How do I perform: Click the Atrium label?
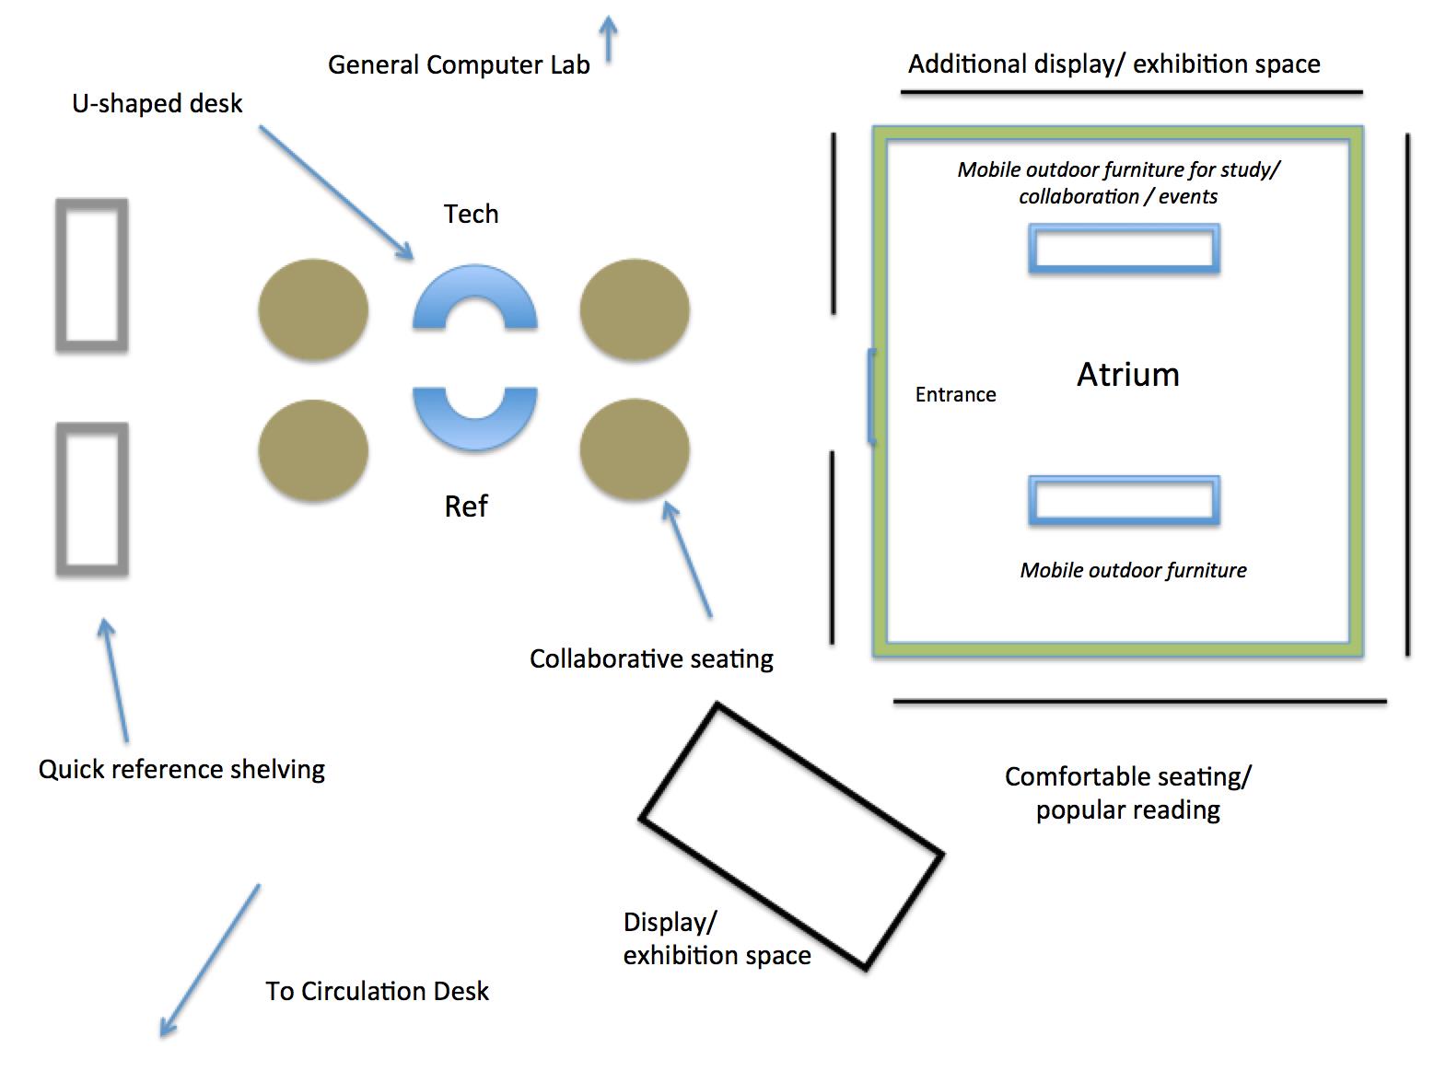click(1127, 375)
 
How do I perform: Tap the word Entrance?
click(955, 395)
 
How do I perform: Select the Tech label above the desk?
click(471, 214)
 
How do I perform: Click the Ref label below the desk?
click(466, 507)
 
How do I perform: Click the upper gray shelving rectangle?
click(92, 274)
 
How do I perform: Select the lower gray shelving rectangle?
click(92, 499)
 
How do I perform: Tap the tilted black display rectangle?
click(791, 836)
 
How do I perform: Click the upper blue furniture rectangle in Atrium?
click(1124, 249)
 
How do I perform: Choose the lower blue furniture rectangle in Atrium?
click(1124, 501)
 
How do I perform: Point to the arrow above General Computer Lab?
click(608, 39)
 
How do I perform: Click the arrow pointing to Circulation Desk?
click(210, 961)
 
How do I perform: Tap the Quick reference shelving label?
click(181, 769)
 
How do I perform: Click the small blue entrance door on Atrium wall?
click(871, 396)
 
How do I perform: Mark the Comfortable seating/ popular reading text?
click(1127, 793)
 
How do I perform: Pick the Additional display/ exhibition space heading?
click(1114, 64)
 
